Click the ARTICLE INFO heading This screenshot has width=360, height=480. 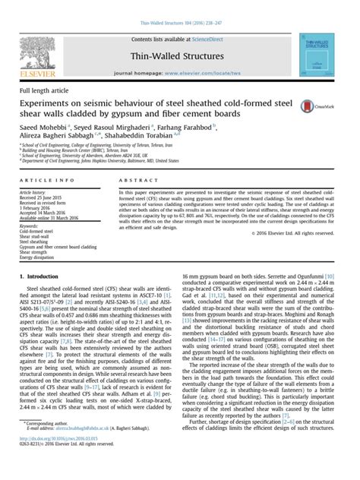[x=45, y=180]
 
